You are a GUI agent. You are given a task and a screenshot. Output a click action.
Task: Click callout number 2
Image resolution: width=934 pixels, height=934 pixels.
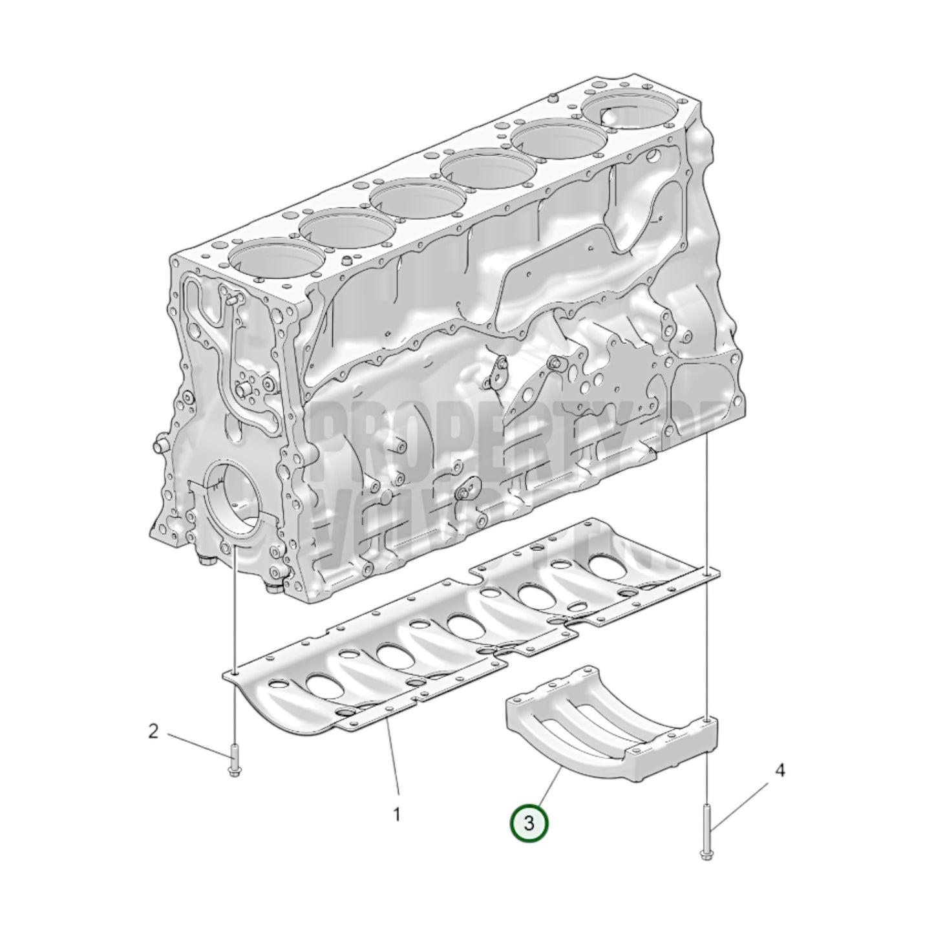153,732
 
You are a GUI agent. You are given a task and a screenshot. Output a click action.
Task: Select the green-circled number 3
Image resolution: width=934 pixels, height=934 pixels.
529,823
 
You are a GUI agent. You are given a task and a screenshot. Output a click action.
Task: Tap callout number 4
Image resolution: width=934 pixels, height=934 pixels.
780,770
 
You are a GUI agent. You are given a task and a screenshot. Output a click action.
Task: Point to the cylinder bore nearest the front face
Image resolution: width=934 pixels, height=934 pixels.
274,259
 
